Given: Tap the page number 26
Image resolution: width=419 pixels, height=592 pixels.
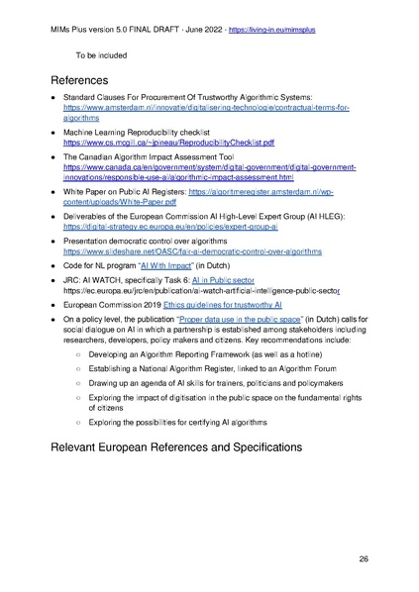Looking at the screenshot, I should point(364,559).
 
